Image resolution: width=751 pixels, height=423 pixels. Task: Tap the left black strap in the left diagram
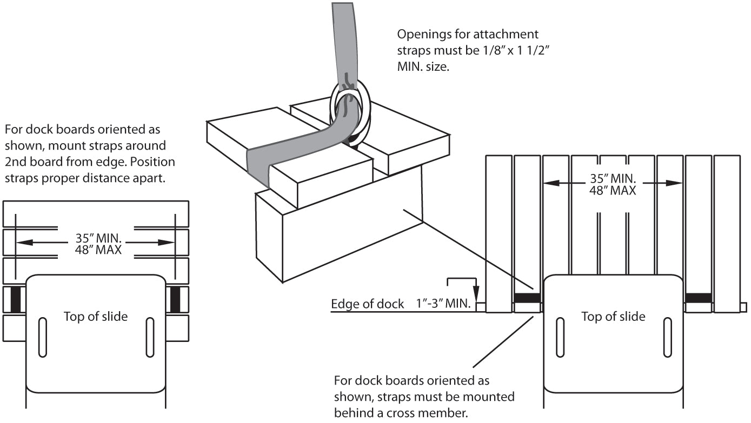[16, 299]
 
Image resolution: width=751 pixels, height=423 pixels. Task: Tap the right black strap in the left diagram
[175, 299]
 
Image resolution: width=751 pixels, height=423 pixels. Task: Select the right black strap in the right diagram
[699, 298]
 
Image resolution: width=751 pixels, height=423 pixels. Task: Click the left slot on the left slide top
[42, 337]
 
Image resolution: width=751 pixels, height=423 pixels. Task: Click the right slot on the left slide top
[150, 337]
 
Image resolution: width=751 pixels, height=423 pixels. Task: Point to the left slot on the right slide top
[560, 336]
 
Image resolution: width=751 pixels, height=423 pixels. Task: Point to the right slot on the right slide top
[668, 336]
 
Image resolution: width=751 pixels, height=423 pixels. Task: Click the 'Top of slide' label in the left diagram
[96, 317]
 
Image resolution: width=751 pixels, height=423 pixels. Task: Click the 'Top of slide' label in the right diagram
[613, 316]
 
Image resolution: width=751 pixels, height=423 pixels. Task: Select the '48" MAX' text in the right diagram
[613, 190]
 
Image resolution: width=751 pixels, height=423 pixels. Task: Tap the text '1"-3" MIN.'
[441, 304]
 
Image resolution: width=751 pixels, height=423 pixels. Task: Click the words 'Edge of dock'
[367, 304]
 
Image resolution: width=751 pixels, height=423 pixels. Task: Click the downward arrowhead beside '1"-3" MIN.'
[475, 294]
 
